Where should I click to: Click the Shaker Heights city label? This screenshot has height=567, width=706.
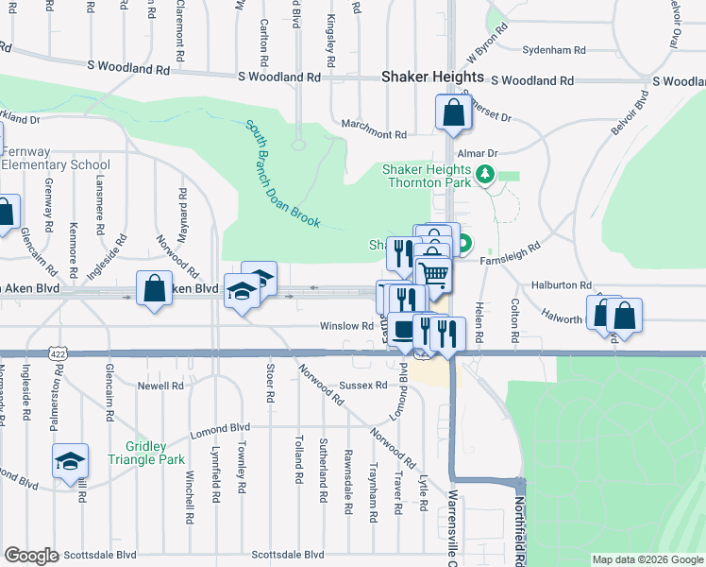[432, 77]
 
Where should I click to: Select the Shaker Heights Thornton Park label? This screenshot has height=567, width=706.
[425, 177]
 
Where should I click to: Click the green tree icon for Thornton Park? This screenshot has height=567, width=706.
[485, 175]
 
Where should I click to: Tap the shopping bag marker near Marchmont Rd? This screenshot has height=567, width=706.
[454, 113]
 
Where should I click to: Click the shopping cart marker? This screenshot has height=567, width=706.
[432, 275]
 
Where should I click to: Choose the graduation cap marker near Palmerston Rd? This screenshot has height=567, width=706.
[70, 462]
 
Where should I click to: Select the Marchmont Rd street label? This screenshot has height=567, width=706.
[374, 135]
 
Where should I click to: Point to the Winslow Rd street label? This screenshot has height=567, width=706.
[346, 326]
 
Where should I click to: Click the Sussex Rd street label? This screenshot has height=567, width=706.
[363, 385]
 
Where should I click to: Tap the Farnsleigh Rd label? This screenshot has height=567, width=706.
[509, 250]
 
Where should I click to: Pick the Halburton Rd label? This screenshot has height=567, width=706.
[561, 284]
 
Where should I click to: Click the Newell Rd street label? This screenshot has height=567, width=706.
[160, 386]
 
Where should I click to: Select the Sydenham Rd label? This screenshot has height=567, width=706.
[554, 49]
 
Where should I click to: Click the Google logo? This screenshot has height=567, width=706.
[31, 556]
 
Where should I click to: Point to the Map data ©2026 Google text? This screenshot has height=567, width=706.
[647, 559]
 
